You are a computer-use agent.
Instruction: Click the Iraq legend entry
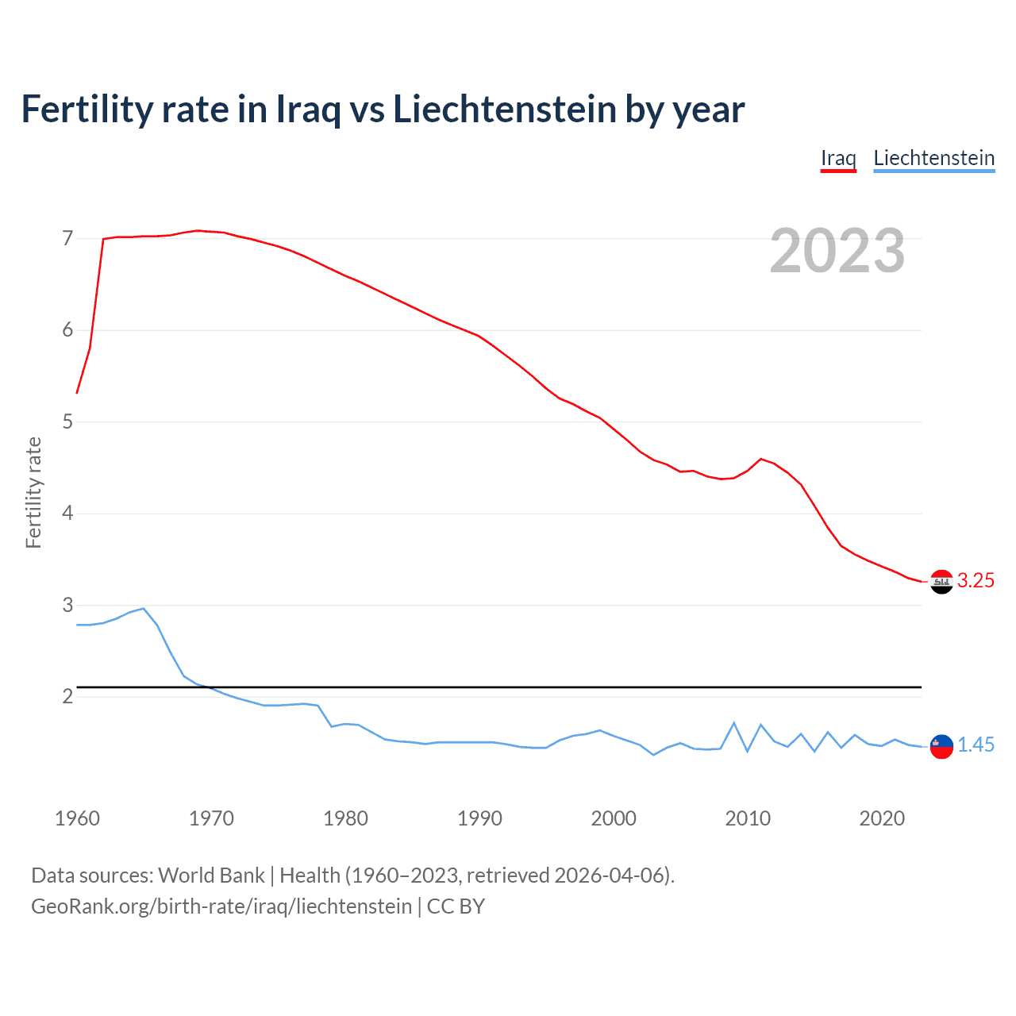[838, 158]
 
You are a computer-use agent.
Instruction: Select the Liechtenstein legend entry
[933, 158]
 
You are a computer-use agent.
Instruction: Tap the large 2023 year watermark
[837, 251]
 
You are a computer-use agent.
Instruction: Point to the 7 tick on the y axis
[67, 238]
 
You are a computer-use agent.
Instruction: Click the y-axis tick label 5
[67, 421]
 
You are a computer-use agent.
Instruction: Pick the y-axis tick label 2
[67, 696]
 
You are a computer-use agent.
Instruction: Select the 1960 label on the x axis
[77, 818]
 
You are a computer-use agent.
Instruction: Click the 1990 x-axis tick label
[479, 818]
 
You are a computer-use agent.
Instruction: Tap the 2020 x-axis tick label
[882, 818]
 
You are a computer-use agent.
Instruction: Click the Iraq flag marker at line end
[941, 582]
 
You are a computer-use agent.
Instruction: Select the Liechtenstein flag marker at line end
[941, 746]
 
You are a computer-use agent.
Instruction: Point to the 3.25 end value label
[976, 581]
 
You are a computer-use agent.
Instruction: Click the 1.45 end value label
[976, 745]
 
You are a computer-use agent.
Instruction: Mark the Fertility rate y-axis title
[33, 492]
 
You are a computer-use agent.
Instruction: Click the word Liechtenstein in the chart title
[504, 110]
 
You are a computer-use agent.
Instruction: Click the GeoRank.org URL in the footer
[221, 906]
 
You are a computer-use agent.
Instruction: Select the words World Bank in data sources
[211, 876]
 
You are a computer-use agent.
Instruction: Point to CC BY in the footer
[456, 906]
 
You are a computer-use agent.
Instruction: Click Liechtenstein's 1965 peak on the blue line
[143, 608]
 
